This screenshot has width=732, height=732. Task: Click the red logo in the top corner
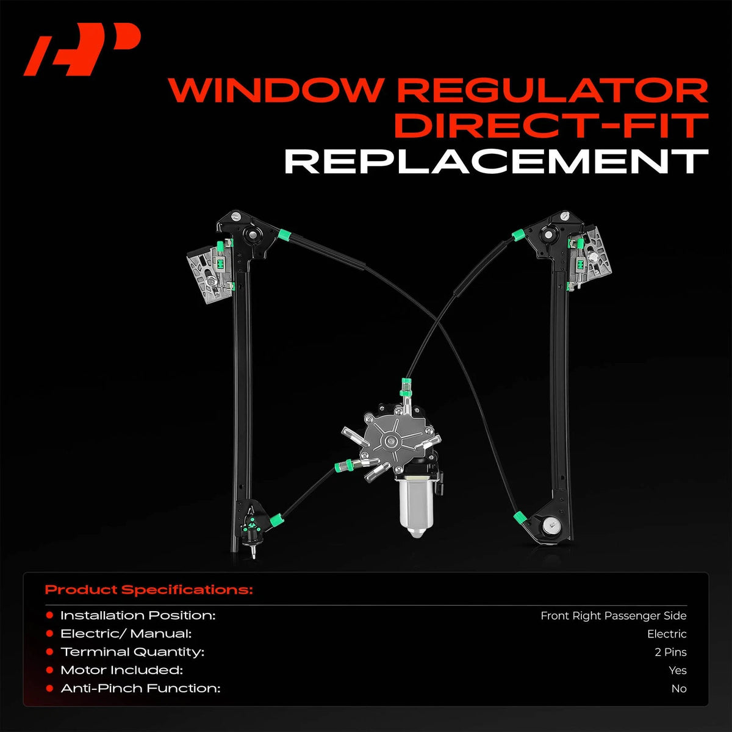point(82,49)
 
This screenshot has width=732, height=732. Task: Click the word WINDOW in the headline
point(274,90)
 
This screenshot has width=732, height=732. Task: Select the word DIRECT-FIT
point(551,126)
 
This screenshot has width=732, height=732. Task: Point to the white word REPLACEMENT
point(497,162)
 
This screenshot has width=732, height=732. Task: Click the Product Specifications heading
point(148,590)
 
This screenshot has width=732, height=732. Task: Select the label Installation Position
point(138,615)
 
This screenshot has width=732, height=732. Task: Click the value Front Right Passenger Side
point(614,615)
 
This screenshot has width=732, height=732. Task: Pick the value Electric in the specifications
point(667,634)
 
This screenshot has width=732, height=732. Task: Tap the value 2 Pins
point(670,652)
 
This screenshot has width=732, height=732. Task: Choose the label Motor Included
point(121,670)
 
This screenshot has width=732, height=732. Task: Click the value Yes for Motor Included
point(678,670)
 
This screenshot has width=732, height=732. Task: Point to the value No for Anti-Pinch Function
point(679,689)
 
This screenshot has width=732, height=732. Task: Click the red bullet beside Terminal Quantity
point(49,652)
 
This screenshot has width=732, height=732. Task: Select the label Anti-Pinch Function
point(140,688)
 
